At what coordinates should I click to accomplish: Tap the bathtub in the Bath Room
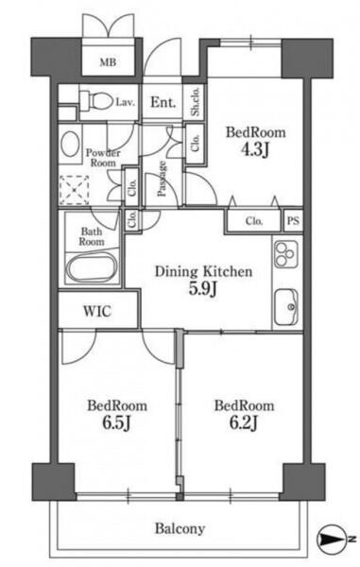click(x=92, y=267)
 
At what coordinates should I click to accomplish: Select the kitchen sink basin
click(x=286, y=307)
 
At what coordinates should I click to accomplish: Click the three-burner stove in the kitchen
click(x=286, y=254)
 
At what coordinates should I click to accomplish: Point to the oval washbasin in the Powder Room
click(x=70, y=144)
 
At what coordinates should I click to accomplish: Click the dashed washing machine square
click(x=74, y=190)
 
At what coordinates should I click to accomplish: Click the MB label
click(x=108, y=62)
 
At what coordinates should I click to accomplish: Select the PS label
click(x=293, y=220)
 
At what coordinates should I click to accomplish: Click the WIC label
click(x=97, y=311)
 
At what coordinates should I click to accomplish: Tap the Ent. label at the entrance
click(x=163, y=102)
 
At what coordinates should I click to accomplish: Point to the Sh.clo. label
click(x=196, y=101)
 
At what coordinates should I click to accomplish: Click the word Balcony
click(x=180, y=528)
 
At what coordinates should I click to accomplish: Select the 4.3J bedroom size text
click(x=255, y=149)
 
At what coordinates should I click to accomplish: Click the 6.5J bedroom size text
click(x=116, y=422)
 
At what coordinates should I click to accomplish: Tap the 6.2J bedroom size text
click(x=243, y=422)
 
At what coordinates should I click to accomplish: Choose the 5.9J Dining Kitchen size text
click(x=203, y=288)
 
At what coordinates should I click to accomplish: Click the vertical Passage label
click(x=162, y=179)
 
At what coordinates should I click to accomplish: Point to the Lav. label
click(x=126, y=102)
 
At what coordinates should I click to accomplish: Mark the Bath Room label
click(x=92, y=236)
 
